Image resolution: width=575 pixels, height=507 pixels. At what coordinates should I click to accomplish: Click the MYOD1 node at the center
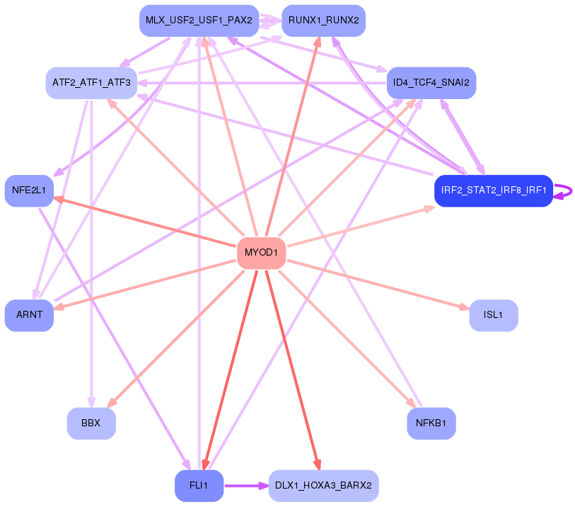click(261, 253)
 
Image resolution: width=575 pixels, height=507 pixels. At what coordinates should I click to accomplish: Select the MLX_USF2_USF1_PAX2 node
click(199, 21)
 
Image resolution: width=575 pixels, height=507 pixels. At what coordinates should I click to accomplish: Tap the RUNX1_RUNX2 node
click(323, 21)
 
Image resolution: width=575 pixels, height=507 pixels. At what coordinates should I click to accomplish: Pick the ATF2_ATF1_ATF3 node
click(91, 83)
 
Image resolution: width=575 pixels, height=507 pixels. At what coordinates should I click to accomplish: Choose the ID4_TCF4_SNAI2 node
click(431, 83)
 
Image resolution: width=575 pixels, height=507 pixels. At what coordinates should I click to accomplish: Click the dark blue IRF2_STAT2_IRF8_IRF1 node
click(494, 190)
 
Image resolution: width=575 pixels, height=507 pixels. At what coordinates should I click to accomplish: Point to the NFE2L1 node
click(29, 190)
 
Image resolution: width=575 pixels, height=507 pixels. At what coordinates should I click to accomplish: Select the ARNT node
click(29, 315)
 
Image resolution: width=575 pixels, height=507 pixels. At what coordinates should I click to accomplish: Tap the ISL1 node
click(494, 315)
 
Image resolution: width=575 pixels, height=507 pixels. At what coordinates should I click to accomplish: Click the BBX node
click(91, 423)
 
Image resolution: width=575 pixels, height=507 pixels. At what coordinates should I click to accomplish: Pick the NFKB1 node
click(431, 423)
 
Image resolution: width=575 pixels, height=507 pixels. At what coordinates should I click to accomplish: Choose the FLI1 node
click(199, 486)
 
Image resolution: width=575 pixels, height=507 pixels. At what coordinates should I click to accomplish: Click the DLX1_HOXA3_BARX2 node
click(323, 486)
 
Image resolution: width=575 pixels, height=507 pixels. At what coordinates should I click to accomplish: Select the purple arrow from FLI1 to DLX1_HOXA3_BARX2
click(246, 486)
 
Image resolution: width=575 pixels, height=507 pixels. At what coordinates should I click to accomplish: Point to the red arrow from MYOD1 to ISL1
click(378, 285)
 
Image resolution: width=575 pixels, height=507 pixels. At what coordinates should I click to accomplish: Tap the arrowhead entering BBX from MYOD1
click(112, 403)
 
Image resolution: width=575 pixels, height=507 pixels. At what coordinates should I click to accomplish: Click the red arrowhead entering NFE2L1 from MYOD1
click(59, 199)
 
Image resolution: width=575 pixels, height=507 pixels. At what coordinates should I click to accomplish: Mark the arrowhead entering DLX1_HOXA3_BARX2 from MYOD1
click(317, 465)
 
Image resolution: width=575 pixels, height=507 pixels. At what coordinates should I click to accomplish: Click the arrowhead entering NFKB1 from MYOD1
click(411, 403)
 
